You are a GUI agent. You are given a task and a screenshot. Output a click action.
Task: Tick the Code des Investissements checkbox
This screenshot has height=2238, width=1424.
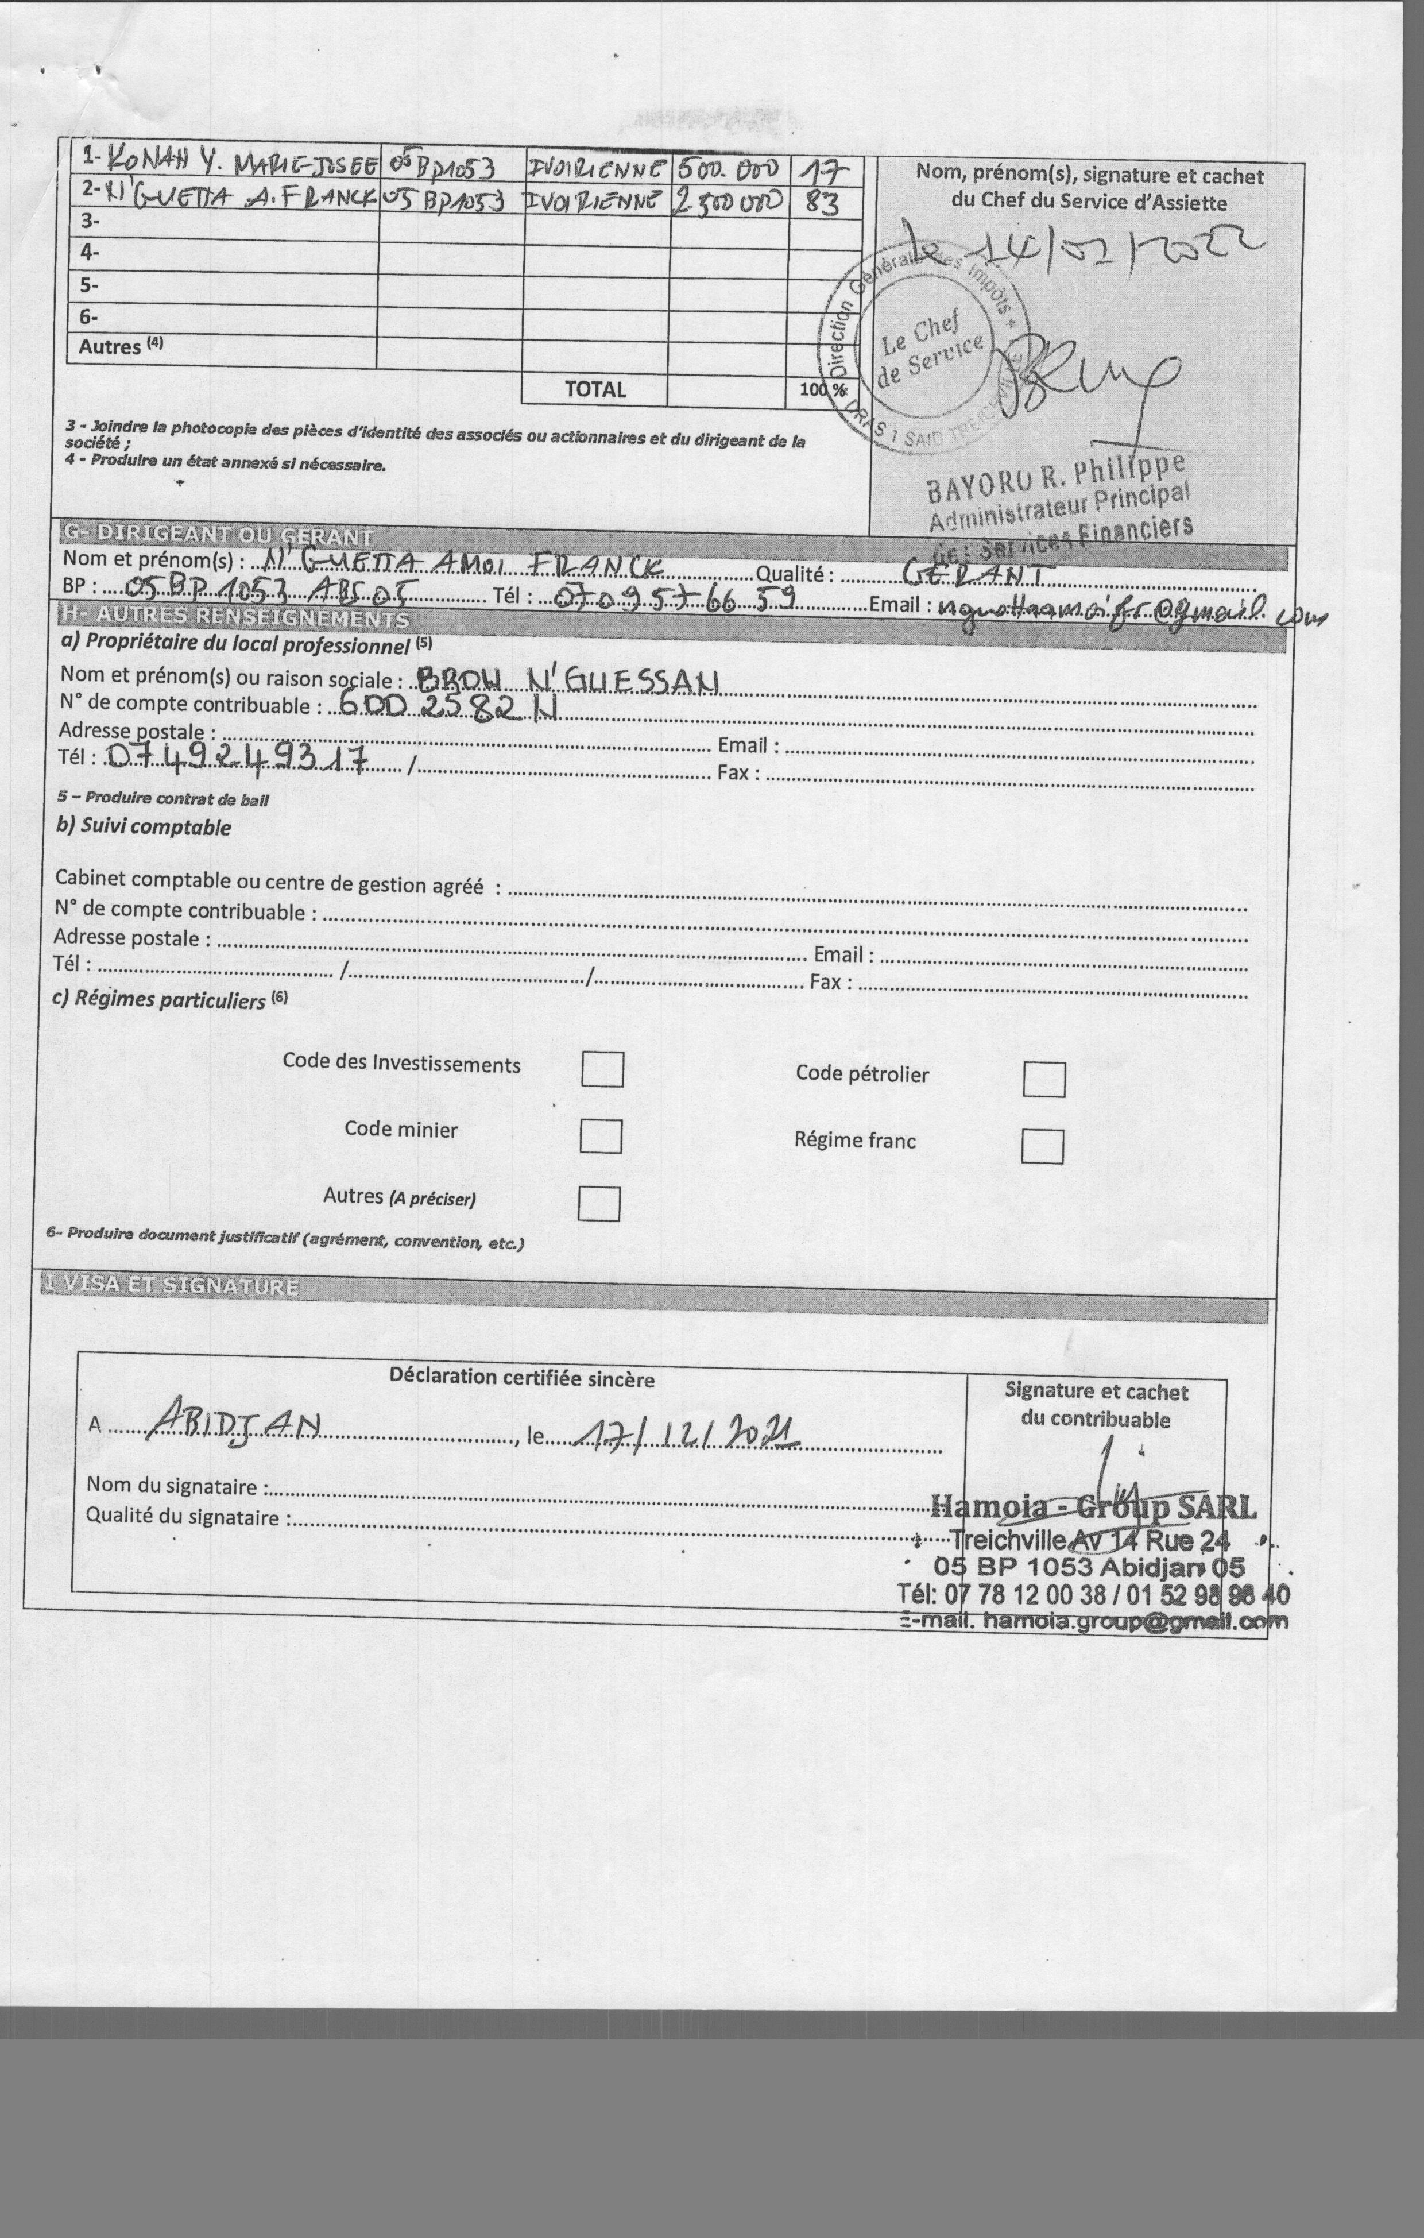point(602,1069)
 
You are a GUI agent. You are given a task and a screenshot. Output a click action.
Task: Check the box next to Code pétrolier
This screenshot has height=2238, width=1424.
point(1044,1079)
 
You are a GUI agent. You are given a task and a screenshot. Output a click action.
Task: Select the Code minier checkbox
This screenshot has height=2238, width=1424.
point(601,1136)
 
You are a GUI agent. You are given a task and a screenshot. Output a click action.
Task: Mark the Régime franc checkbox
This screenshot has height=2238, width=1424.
point(1042,1146)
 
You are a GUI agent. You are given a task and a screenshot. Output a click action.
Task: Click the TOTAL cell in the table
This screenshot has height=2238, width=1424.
point(595,389)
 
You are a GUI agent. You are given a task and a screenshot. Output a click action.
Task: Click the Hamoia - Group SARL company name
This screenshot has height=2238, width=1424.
point(1092,1506)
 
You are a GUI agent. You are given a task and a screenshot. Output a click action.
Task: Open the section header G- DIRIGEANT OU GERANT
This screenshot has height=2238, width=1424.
point(218,535)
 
